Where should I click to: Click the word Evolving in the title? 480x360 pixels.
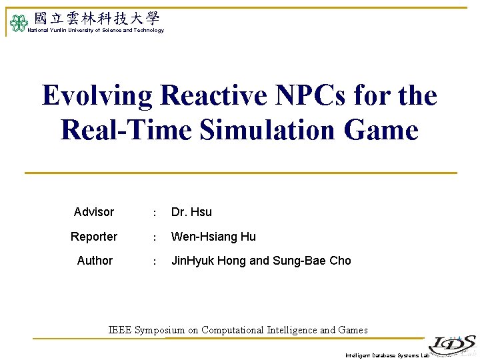97,95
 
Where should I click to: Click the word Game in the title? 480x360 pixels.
381,129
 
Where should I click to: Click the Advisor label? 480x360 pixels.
94,212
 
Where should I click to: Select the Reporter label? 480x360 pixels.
94,237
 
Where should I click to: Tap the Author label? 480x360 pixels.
95,261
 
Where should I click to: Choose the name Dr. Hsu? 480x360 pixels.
191,212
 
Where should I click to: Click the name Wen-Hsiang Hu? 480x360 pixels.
213,237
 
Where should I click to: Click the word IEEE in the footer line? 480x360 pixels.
120,330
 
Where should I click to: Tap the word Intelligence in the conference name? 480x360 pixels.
292,330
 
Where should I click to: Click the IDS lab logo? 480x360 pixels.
452,343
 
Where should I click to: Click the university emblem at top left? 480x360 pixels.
17,24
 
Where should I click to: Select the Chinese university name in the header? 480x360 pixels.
97,19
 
